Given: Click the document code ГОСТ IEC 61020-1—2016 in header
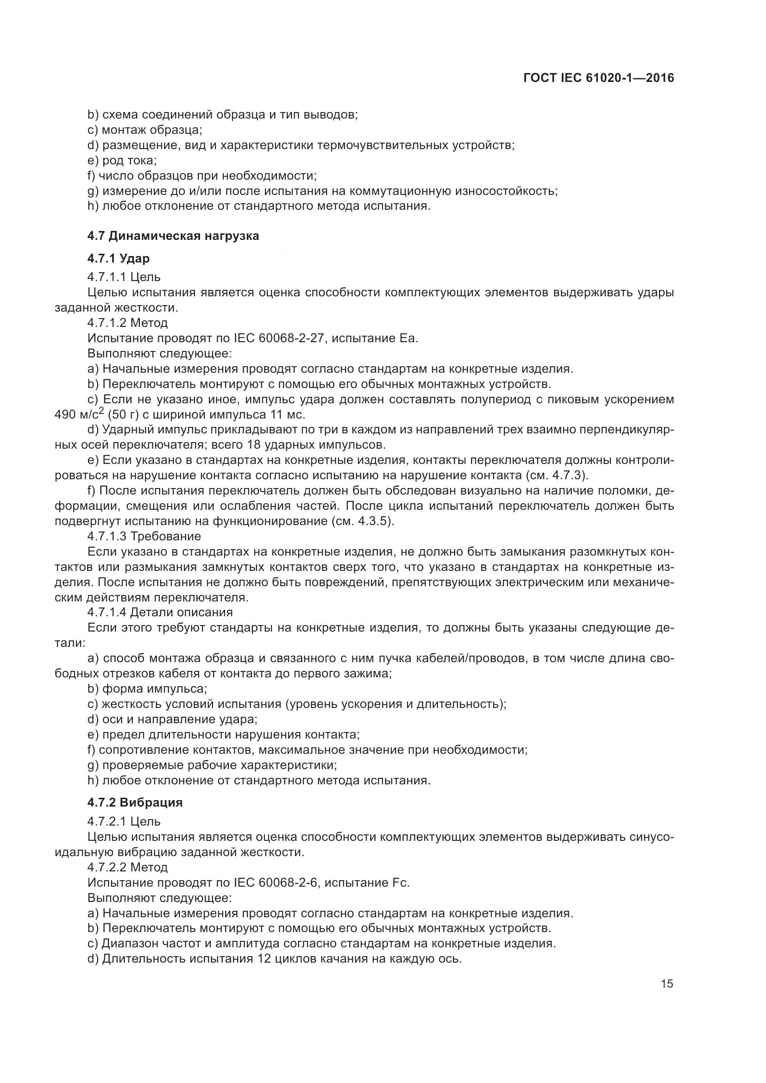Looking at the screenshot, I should (598, 78).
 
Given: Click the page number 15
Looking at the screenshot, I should (667, 983).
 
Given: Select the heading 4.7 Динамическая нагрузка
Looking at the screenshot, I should (173, 236).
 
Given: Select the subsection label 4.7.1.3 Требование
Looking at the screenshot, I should (144, 536).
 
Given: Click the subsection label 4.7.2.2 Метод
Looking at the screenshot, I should (127, 867).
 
